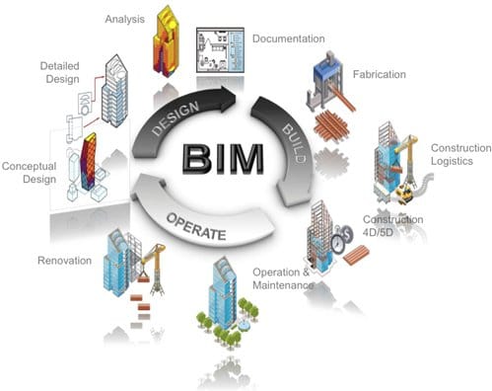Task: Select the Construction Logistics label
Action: tap(459, 155)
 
